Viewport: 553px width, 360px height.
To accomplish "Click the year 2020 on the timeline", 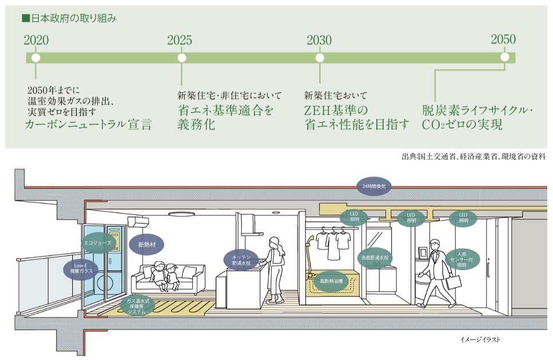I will coord(36,40).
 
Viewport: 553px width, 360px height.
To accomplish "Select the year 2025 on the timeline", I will coord(180,40).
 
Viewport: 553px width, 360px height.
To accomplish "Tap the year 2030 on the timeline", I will coord(319,40).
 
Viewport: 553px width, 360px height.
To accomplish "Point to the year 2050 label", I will coord(503,39).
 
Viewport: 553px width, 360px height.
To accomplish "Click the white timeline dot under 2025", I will coord(182,58).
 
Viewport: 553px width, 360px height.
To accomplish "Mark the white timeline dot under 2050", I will coord(504,58).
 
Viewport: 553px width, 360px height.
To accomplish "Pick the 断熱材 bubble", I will coord(147,245).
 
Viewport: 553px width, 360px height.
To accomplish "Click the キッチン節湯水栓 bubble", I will coord(241,260).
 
